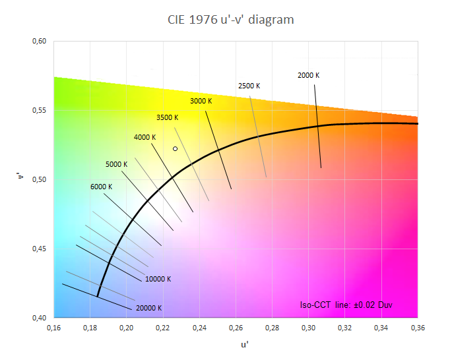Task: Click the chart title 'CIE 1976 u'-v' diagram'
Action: pos(230,20)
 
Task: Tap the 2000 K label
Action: pos(308,75)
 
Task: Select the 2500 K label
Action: pos(249,86)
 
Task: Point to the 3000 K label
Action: pos(201,101)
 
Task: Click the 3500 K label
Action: pos(167,117)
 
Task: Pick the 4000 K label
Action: pos(145,137)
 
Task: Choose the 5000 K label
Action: pos(116,164)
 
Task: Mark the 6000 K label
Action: pos(101,187)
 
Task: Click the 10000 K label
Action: pos(158,279)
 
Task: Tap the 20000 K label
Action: pos(148,308)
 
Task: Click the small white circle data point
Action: pos(175,149)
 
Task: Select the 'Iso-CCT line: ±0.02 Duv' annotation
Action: pos(346,305)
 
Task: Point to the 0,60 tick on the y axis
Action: pos(39,42)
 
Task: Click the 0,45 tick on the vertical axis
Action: pos(39,249)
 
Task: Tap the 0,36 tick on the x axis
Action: pos(417,326)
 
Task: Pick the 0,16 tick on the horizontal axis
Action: pos(53,326)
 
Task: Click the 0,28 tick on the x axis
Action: pos(272,326)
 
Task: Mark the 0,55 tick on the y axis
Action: pos(39,111)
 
